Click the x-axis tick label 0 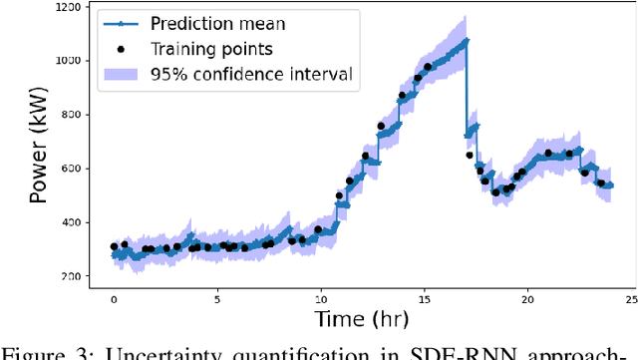pos(114,298)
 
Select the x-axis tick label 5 pos(217,298)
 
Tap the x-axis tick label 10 pos(321,298)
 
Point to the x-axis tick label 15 pos(425,298)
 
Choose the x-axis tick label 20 pos(528,298)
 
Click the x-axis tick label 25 pos(631,298)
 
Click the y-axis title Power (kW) pos(39,143)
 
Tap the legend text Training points pos(211,48)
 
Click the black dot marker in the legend pos(121,48)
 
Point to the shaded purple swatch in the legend pos(121,74)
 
